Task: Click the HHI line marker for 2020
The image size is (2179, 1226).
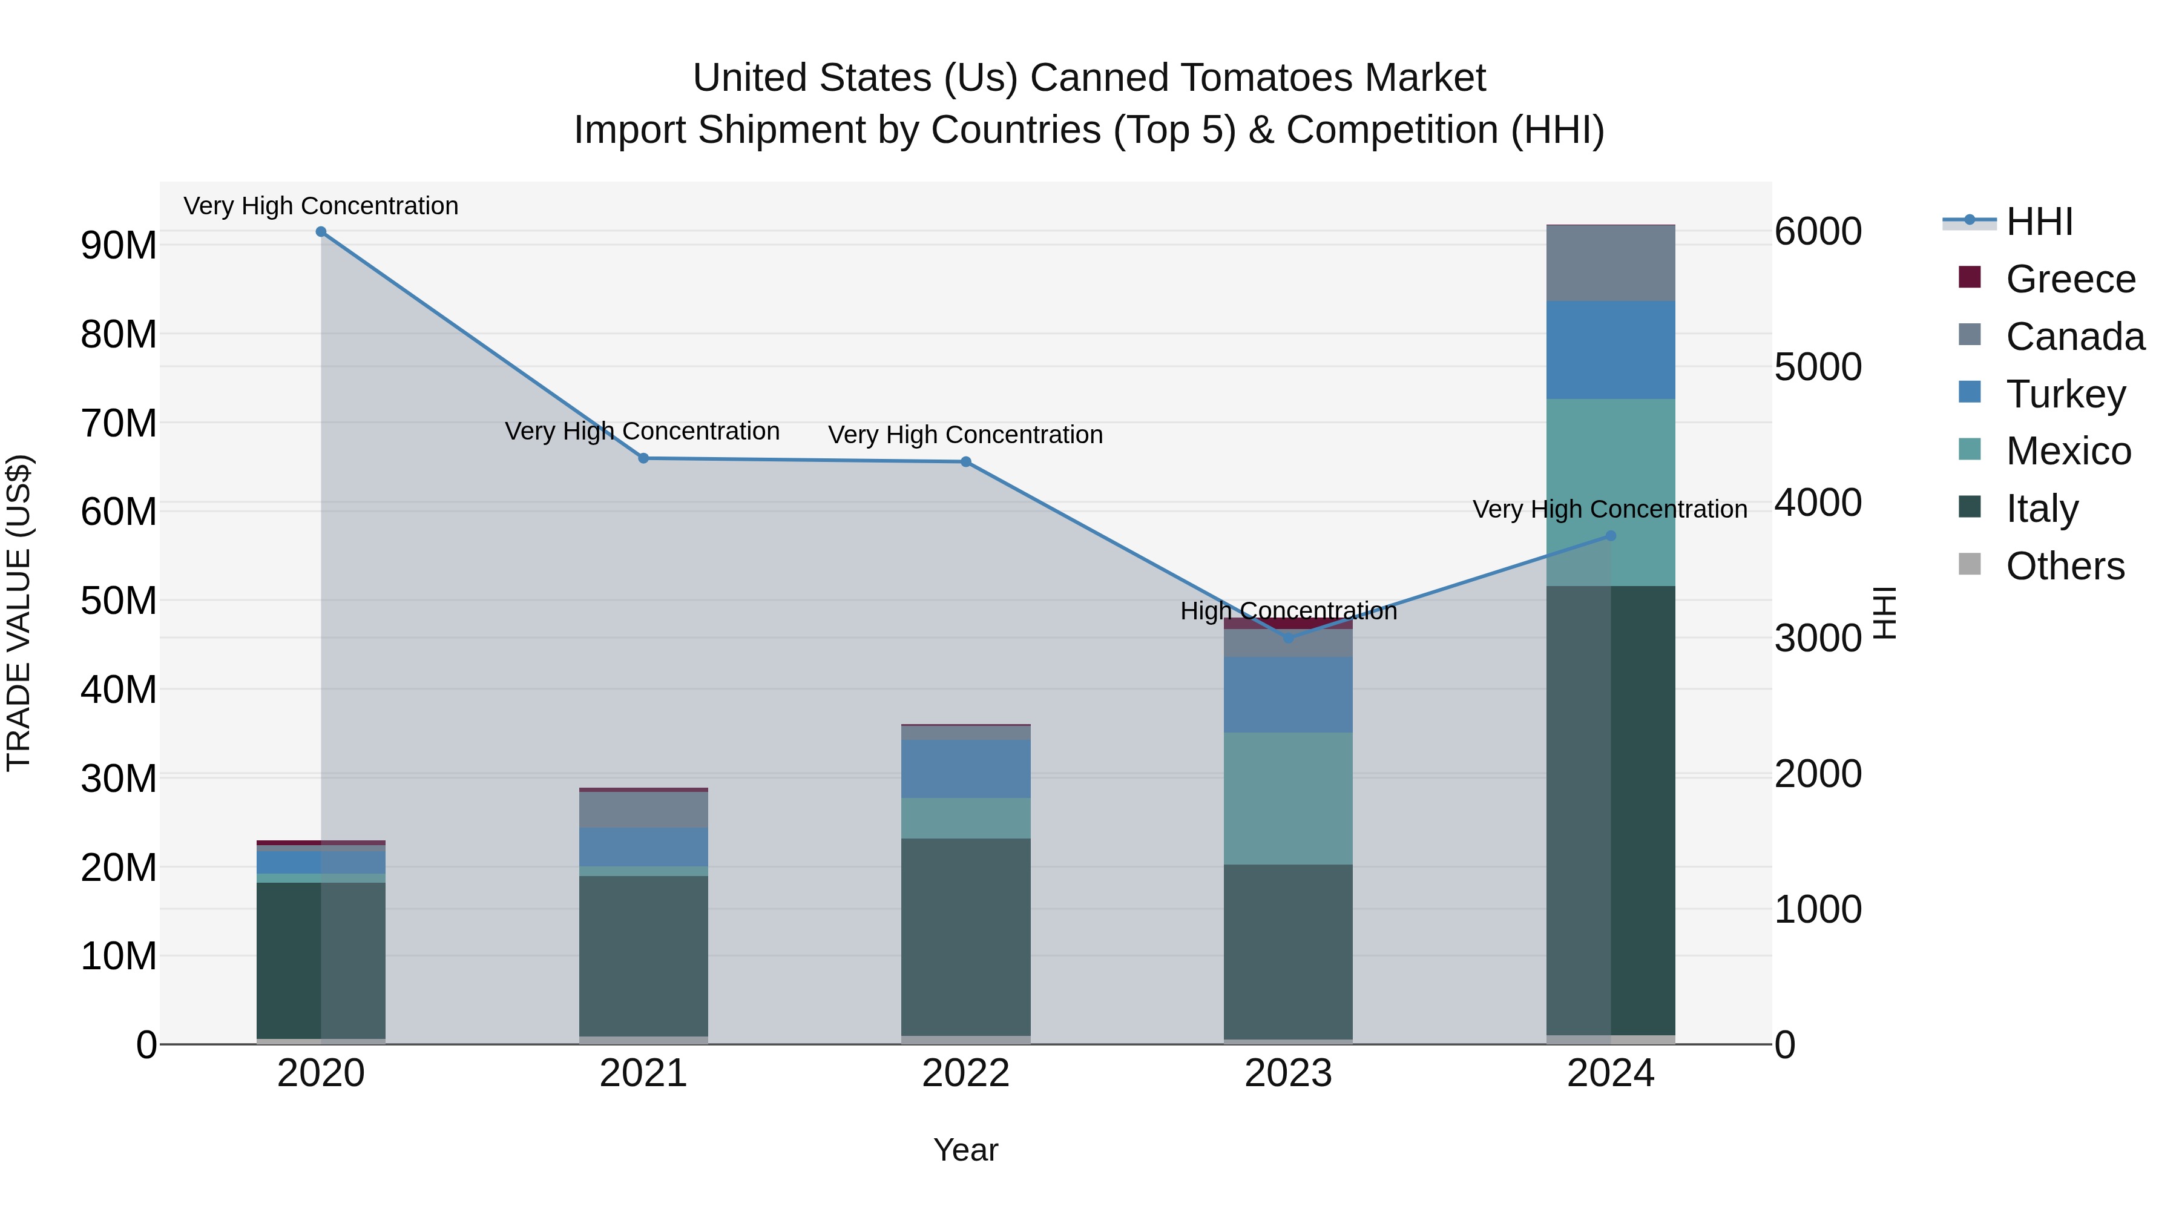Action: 321,232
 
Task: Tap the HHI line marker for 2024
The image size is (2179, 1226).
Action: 1611,536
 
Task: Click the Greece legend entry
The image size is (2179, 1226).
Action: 2070,279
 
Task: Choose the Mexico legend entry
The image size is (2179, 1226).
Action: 2068,451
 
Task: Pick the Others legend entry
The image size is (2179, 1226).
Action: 2064,566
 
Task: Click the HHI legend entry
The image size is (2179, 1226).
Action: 2039,222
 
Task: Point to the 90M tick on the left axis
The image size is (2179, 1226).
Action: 119,245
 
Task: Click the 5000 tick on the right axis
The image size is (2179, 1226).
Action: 1818,367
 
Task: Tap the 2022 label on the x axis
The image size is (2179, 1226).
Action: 965,1073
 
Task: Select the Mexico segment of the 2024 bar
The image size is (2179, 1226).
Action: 1611,492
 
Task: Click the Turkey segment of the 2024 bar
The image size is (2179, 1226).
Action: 1611,349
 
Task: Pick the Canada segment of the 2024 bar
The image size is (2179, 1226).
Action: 1611,263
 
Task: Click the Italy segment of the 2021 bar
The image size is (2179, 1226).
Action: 643,956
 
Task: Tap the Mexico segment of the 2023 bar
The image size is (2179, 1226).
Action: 1288,798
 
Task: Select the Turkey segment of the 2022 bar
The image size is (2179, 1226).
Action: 965,768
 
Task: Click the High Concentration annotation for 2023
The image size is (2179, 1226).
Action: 1288,611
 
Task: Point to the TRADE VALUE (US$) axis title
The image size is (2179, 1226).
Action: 19,613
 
